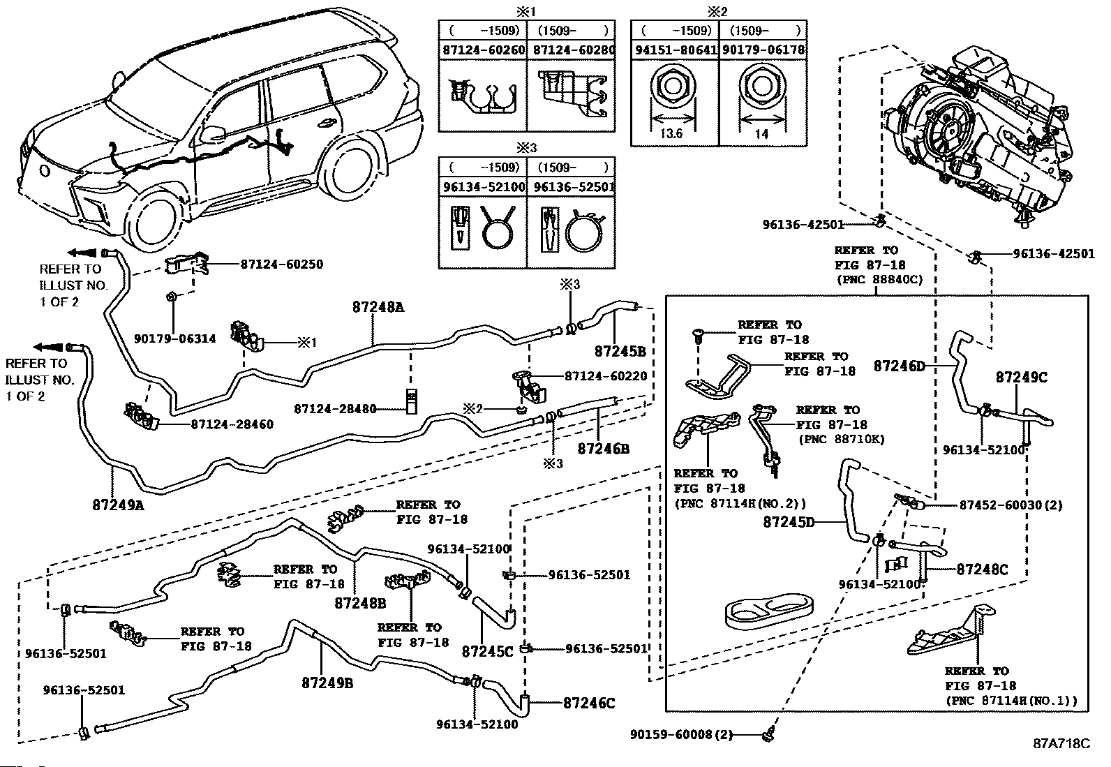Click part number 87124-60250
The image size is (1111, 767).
[282, 265]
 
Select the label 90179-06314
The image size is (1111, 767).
[175, 339]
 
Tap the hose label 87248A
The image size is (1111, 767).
[378, 308]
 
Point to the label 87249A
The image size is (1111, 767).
[118, 505]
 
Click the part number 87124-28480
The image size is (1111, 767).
[335, 409]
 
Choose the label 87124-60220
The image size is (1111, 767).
[606, 376]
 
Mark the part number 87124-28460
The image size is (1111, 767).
[232, 424]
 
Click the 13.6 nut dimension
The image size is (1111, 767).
[671, 133]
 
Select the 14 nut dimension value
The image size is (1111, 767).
[761, 133]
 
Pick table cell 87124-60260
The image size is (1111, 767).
[484, 50]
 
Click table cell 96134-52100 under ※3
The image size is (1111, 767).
[484, 187]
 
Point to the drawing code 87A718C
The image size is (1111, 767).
[1062, 743]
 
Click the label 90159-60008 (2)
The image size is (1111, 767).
[682, 734]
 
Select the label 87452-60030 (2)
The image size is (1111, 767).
[1011, 505]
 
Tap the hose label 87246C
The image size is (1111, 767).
[589, 703]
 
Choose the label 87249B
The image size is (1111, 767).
[327, 683]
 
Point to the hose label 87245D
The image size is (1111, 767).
[789, 522]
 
